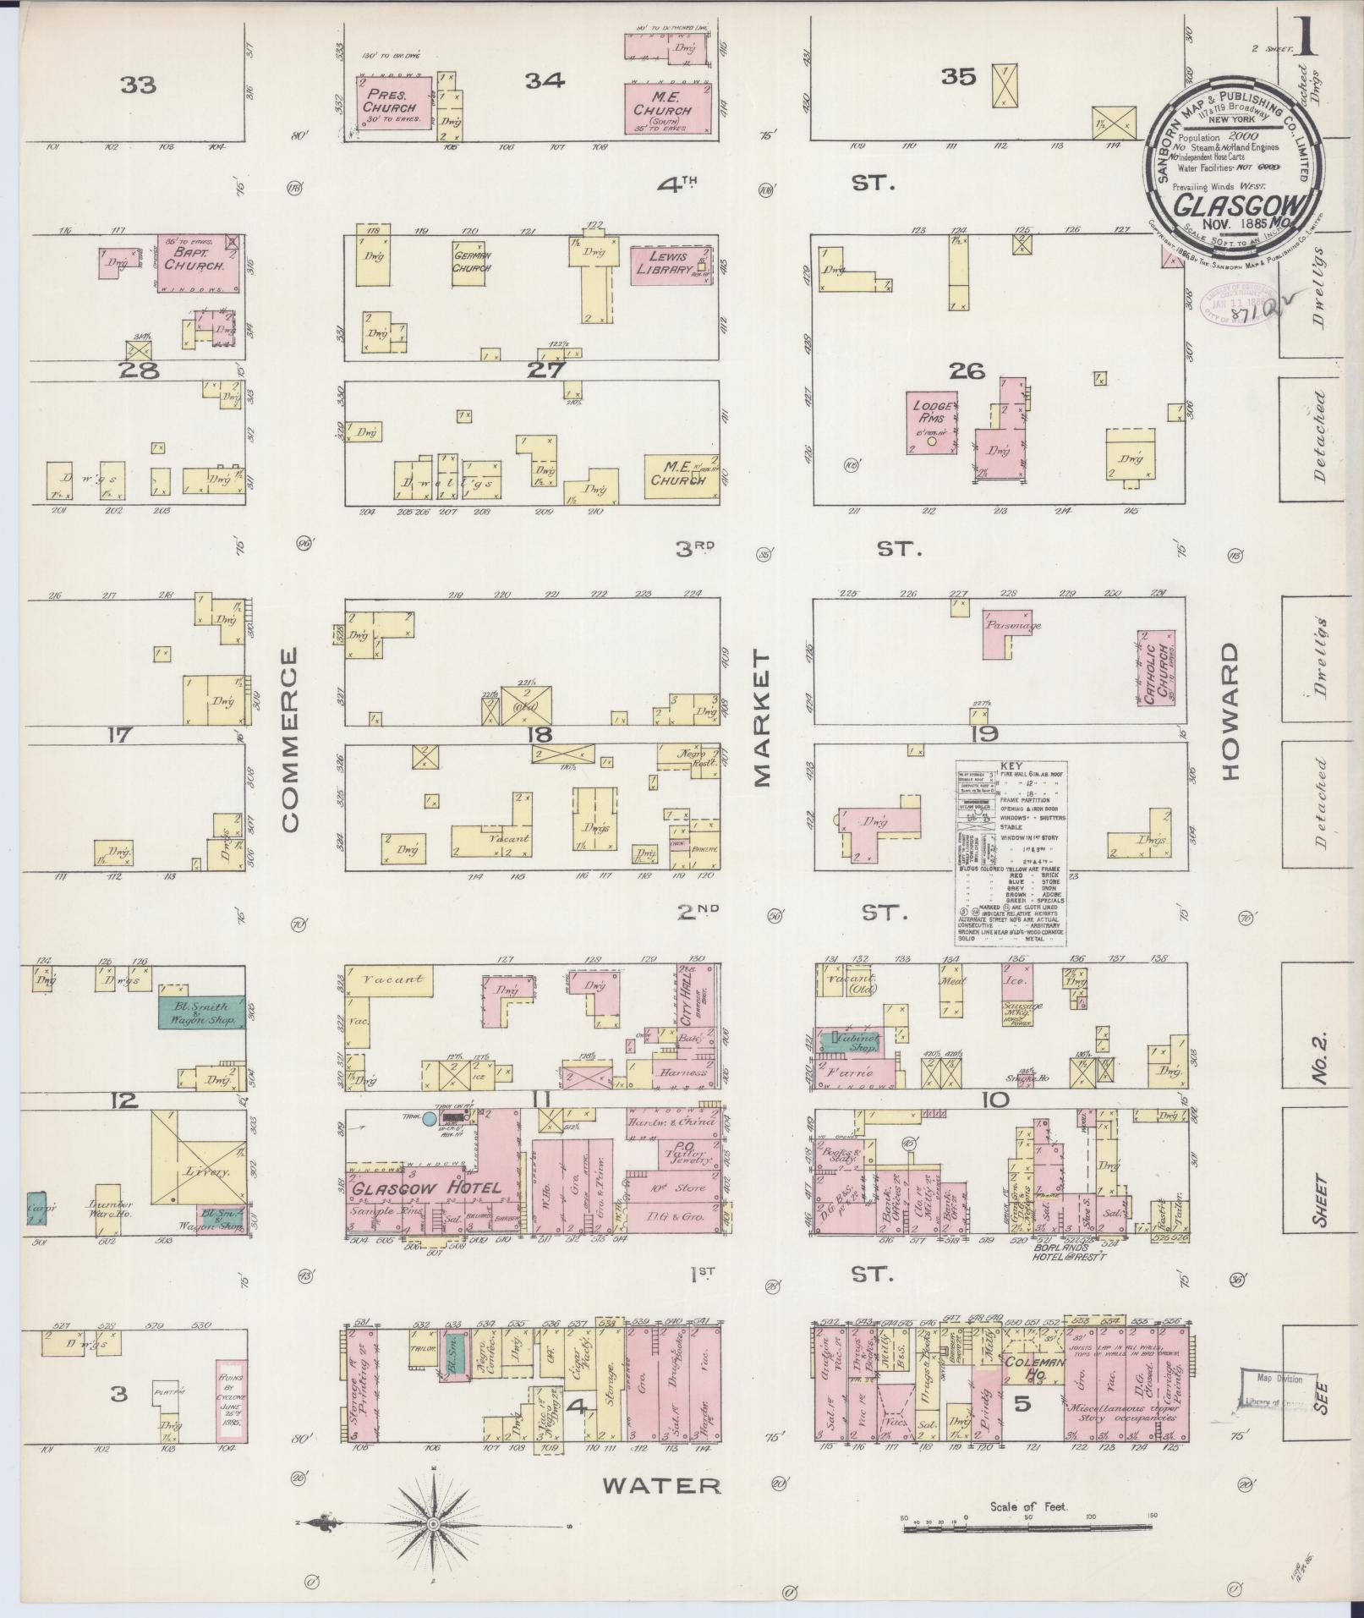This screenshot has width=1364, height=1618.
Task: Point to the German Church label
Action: pos(473,261)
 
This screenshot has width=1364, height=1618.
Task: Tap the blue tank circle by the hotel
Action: pos(430,1119)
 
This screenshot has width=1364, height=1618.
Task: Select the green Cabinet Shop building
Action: pos(854,1040)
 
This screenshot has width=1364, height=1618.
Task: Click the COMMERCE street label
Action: pos(290,739)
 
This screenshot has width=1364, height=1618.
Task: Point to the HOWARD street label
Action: pos(1229,711)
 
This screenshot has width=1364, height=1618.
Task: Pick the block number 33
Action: pos(138,85)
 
